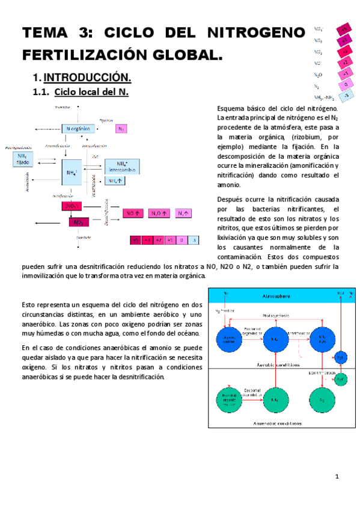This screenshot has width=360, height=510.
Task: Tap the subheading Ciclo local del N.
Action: coord(91,92)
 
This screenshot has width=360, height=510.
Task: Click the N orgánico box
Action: coord(79,129)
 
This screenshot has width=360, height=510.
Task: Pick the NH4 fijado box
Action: coord(23,158)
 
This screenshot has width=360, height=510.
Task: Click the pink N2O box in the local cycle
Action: coord(156,213)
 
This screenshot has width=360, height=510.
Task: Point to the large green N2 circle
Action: coord(322,399)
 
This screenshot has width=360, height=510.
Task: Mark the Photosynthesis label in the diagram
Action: coord(276,315)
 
